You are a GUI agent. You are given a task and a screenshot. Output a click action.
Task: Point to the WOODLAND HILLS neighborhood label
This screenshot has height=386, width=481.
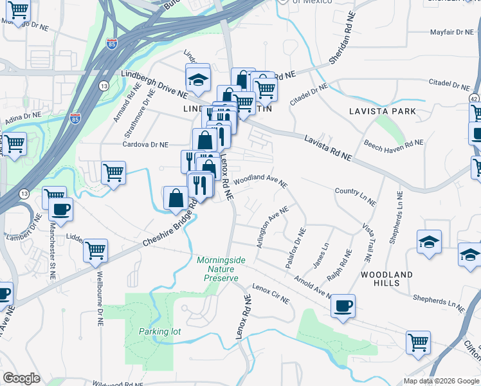(x=386, y=279)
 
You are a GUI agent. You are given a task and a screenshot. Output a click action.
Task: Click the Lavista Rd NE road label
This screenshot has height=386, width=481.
(x=328, y=148)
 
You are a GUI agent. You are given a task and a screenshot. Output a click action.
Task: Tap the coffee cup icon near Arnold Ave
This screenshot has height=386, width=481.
(x=343, y=305)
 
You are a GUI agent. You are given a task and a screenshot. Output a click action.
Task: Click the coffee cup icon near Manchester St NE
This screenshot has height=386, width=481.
(x=60, y=210)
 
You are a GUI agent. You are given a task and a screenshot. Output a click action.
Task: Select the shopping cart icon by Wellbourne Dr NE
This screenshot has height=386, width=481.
(x=95, y=250)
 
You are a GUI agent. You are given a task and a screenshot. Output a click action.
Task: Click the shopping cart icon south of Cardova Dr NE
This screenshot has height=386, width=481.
(x=113, y=172)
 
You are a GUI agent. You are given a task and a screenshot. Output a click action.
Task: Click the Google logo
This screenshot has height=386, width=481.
(x=21, y=378)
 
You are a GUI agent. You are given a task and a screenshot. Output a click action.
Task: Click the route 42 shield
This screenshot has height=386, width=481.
(x=473, y=98)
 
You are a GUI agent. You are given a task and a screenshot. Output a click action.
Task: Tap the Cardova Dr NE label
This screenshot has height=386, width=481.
(x=145, y=145)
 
